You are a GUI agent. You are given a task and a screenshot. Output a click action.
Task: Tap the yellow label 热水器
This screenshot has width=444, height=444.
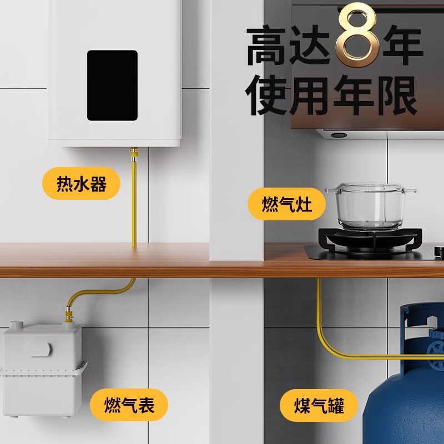(x=81, y=184)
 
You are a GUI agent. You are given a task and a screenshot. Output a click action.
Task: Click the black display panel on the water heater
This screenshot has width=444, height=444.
(x=112, y=85)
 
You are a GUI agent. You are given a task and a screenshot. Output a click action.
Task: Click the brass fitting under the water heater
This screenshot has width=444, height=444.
(x=133, y=153)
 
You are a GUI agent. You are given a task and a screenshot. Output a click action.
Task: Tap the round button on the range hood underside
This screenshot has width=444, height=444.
(x=337, y=134)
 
